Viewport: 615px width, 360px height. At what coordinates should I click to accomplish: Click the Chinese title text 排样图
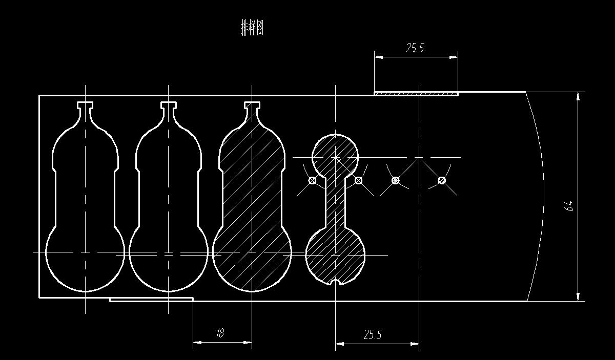(252, 28)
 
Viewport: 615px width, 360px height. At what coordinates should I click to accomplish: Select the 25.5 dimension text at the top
(415, 48)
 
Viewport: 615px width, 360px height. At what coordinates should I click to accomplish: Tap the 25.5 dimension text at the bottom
(373, 334)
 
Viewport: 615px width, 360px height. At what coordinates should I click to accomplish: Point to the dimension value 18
(220, 333)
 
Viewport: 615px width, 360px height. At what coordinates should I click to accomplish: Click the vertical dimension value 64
(569, 206)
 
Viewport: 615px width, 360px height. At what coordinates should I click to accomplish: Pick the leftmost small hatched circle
(312, 180)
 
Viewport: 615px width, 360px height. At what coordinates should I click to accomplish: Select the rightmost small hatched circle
(442, 180)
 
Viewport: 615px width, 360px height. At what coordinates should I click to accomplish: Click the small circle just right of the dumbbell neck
(358, 180)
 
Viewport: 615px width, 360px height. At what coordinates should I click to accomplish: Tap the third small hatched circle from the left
(395, 180)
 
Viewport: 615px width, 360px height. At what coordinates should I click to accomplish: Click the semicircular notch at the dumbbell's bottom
(335, 282)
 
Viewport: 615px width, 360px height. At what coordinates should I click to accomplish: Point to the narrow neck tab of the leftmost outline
(85, 106)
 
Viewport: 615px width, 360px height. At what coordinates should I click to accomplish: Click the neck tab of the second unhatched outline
(169, 106)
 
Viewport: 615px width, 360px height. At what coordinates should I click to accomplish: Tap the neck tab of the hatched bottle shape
(252, 106)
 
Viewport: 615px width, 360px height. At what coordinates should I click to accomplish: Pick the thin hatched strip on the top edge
(416, 93)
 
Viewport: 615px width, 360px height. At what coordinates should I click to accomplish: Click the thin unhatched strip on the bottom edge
(151, 299)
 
